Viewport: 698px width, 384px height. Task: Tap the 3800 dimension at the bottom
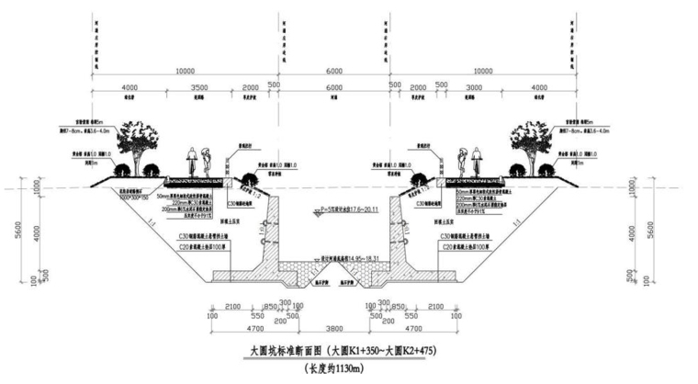[x=335, y=325]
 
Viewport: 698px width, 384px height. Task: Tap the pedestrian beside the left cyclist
[x=208, y=163]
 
